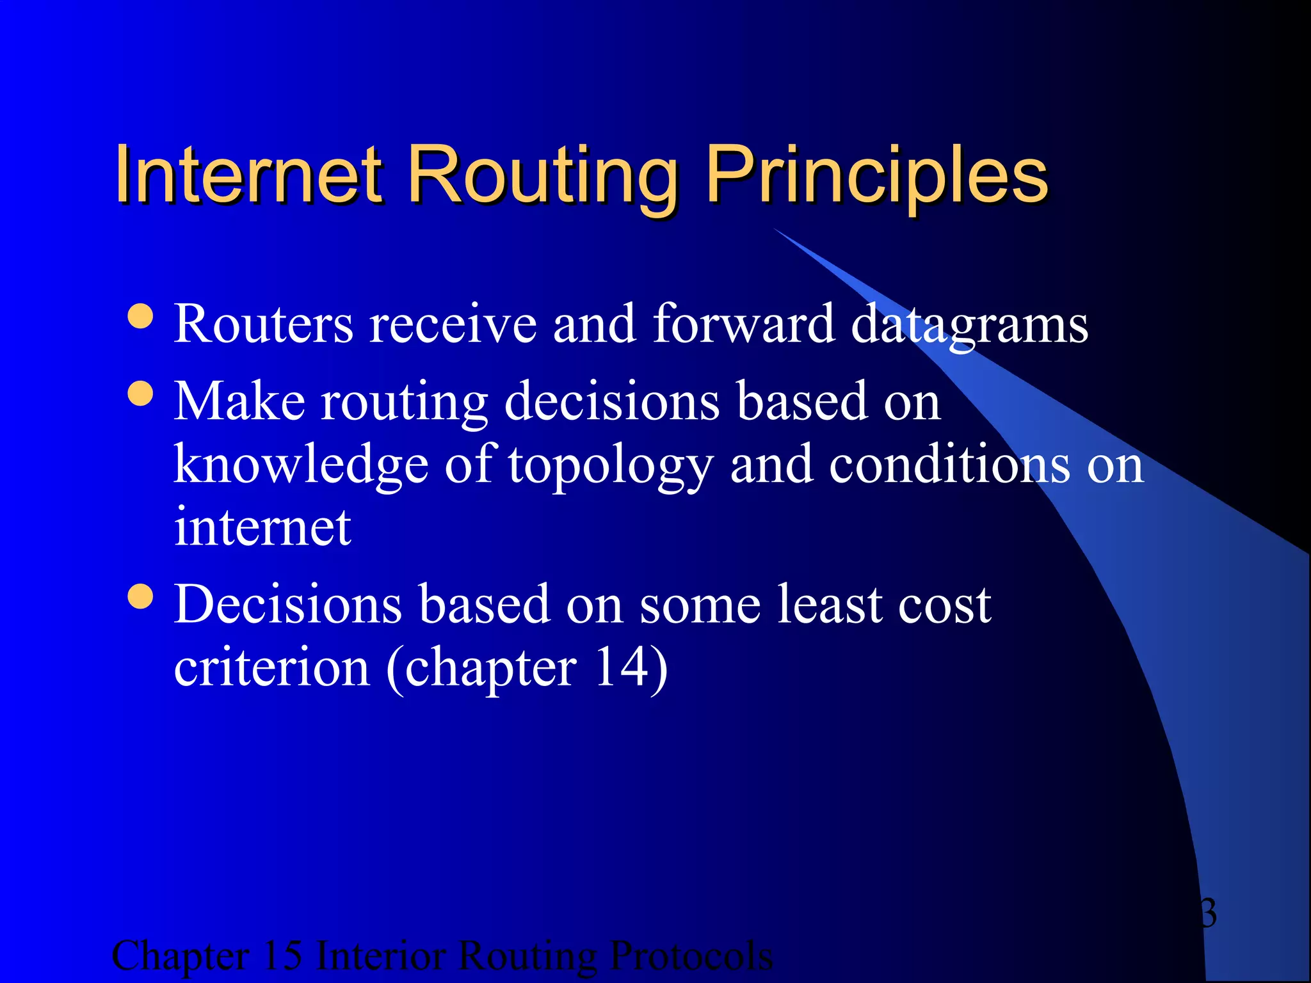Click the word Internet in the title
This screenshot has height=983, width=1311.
(248, 175)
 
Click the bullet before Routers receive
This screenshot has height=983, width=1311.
(140, 316)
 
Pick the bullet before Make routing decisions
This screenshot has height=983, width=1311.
(140, 394)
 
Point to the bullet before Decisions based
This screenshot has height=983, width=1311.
(140, 596)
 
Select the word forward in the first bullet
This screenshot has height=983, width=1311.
(743, 324)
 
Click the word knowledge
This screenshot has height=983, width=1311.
(301, 466)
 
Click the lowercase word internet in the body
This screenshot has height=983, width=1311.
(262, 527)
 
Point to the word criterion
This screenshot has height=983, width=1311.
(272, 667)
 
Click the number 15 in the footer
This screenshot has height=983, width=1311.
(282, 956)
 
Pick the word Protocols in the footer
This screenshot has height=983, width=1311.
(691, 956)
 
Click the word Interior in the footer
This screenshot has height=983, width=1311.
(380, 956)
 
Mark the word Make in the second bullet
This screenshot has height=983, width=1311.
(239, 401)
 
